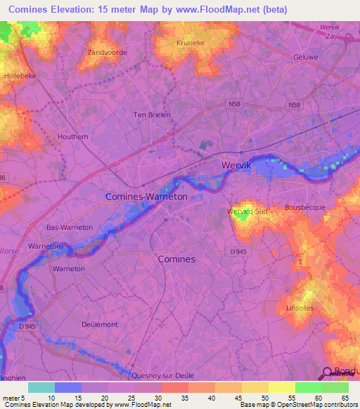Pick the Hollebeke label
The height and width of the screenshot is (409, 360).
click(19, 75)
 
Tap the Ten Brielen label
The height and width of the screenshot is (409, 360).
click(153, 115)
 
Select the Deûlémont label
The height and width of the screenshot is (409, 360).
click(98, 325)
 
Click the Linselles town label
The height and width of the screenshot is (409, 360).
click(300, 309)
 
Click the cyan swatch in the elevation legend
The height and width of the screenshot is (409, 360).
click(41, 387)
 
